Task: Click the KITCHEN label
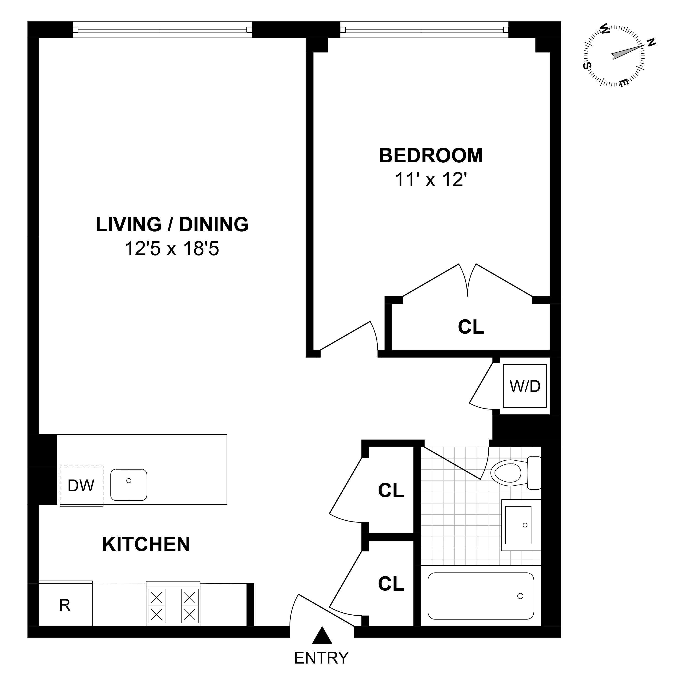(x=146, y=544)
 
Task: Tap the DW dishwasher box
(x=81, y=485)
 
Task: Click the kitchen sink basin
(x=129, y=485)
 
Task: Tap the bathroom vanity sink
(x=518, y=525)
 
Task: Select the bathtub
(x=481, y=596)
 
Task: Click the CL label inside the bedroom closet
(x=471, y=327)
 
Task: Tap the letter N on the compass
(x=651, y=43)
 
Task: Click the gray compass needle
(x=626, y=53)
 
